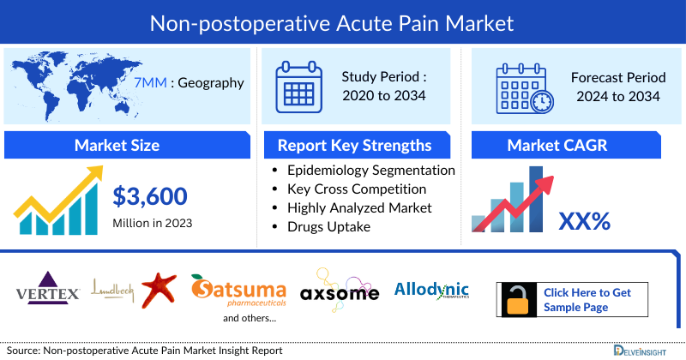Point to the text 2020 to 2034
[384, 95]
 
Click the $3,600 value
[150, 197]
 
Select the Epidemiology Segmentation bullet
[370, 170]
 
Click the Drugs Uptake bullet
[329, 226]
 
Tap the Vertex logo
[48, 290]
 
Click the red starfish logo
[159, 289]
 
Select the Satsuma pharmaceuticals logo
[238, 291]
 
